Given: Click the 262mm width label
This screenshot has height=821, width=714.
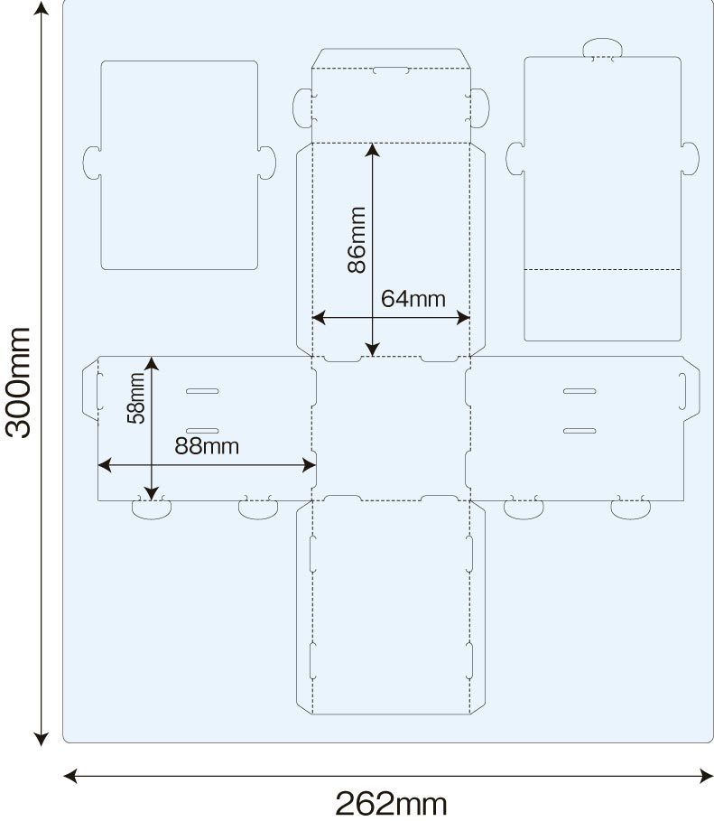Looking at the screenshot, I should pos(391,802).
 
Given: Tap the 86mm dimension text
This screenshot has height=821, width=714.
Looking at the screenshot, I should pos(357,240).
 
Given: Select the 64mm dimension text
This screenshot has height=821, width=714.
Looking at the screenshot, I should pos(413,299).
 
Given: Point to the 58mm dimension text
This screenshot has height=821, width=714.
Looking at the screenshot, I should pos(135,397).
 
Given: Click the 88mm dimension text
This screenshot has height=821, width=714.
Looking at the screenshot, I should pos(208,446).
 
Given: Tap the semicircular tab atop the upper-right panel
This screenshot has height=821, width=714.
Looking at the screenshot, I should pos(602,48).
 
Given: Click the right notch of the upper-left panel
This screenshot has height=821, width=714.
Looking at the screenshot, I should pos(267,162).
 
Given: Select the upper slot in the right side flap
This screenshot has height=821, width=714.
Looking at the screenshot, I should pos(580,391).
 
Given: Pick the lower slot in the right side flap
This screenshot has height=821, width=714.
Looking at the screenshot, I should pos(580,430).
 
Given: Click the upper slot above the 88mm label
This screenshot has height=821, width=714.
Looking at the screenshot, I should pos(202,391).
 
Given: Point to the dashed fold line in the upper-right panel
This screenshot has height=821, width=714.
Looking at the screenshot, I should pos(602,269).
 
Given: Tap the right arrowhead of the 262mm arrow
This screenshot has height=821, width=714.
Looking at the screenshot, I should pos(706,775).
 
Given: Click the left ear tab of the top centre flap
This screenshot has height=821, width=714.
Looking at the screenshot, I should pos(301,107).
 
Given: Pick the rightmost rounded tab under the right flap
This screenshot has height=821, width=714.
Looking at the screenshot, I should pos(630,508).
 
